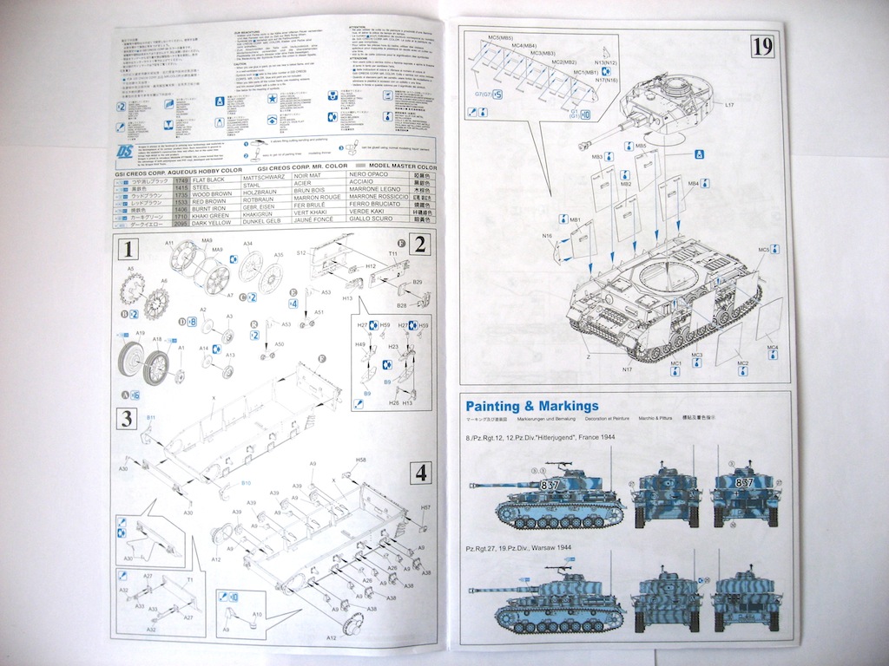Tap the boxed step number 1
pos(128,251)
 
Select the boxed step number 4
pos(420,473)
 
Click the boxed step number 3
pos(127,419)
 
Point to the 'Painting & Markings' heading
pos(532,406)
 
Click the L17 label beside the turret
pos(729,105)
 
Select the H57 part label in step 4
pos(425,507)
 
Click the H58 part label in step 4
pos(360,460)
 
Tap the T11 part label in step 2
pos(393,253)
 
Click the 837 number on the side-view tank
pos(550,483)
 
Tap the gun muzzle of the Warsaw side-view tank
pos(471,589)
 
